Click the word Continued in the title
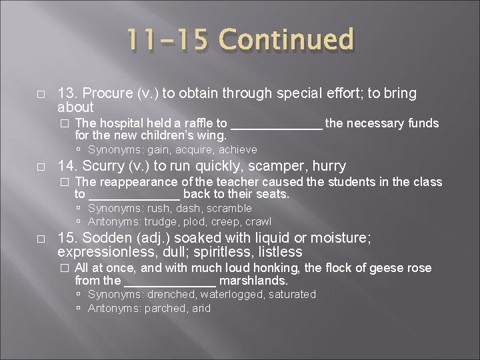(x=287, y=40)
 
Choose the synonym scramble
(x=229, y=208)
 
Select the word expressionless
(x=99, y=252)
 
